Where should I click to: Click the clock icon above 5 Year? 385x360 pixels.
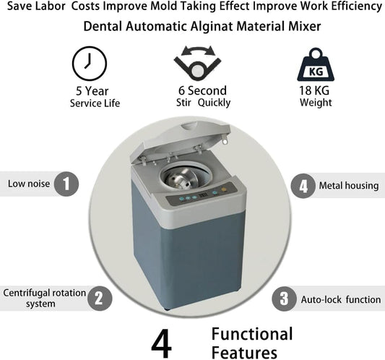coord(90,64)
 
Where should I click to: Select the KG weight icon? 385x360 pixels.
coord(316,64)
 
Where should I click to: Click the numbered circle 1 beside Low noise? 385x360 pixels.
coord(66,184)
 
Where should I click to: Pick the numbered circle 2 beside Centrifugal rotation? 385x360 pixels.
coord(100,297)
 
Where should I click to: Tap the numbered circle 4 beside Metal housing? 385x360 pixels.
coord(303,185)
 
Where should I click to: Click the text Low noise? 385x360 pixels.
coord(29,184)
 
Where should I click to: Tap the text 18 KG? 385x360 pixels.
coord(316,90)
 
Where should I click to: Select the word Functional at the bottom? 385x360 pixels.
coord(252,334)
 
